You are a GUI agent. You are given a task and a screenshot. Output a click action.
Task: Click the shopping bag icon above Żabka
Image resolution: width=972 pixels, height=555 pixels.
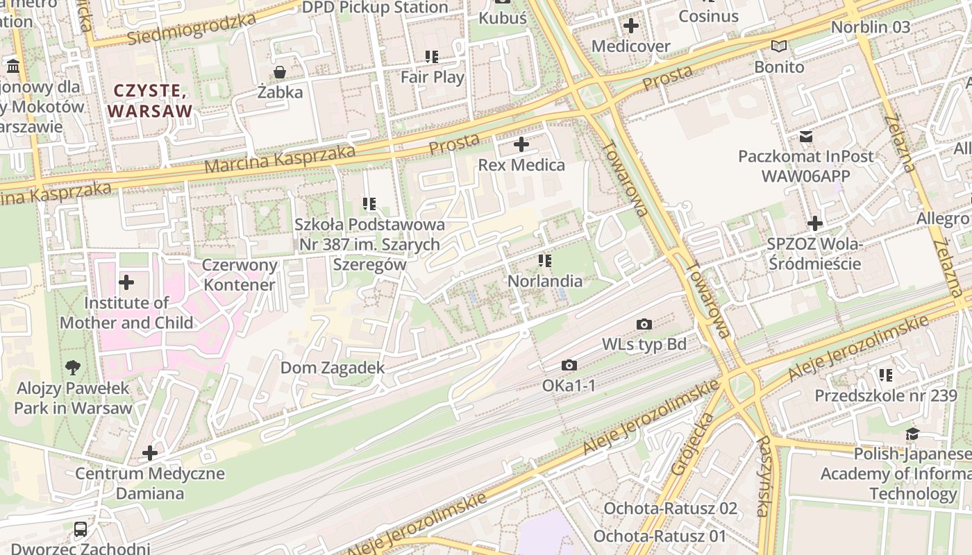point(279,72)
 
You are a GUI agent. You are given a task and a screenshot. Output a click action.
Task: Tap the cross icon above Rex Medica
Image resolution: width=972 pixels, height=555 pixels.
point(521,145)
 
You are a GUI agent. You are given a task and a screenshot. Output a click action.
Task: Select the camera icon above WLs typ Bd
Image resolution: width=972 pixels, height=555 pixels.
point(644,324)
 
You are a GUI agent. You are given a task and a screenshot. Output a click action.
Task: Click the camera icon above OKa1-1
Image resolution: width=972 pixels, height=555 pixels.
point(569,365)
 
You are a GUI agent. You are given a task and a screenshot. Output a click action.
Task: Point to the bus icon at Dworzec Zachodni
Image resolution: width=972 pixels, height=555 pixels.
point(81,529)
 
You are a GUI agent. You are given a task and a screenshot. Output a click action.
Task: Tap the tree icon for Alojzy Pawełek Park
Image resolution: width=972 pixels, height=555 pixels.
point(72,368)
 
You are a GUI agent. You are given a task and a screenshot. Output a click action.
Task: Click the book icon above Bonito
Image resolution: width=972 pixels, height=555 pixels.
point(779,46)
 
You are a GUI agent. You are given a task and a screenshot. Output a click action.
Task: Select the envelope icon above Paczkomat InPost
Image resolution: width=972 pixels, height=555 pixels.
point(805,137)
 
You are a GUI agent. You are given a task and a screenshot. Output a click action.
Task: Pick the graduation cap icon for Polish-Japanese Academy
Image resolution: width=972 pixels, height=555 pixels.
point(912,434)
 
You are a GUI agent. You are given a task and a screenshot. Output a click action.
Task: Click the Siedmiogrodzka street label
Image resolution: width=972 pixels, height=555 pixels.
point(191,29)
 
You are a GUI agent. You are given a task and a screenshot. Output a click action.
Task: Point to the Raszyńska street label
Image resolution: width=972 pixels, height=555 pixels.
point(764,476)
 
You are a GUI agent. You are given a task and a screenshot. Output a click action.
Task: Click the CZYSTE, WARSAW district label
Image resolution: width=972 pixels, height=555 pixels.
point(149,101)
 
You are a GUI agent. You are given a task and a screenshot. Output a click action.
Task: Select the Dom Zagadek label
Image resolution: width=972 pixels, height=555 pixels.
point(332,368)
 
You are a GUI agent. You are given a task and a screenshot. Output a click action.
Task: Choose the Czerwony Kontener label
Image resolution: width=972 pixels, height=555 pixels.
point(240,275)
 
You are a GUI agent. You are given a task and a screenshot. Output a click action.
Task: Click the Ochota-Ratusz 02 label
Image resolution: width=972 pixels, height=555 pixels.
point(670,508)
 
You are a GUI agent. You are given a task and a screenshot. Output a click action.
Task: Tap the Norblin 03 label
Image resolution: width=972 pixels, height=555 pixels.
point(870,27)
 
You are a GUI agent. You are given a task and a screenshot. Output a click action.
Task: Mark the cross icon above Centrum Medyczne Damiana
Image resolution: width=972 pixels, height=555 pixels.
point(149,454)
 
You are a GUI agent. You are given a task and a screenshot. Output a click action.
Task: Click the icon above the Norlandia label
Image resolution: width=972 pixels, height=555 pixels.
point(544,261)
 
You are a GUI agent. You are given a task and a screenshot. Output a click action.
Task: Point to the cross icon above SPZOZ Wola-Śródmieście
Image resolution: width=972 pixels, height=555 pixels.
point(814,223)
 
